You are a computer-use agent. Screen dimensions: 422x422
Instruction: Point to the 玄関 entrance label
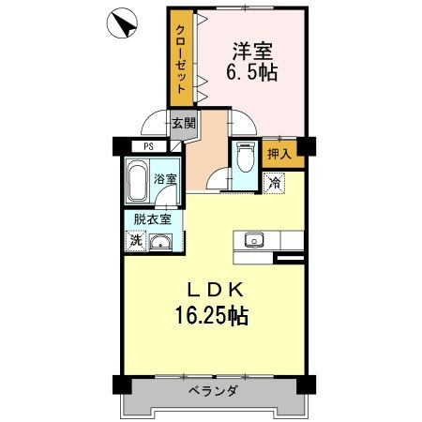[183, 122]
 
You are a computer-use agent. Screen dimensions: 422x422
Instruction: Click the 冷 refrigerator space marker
[274, 184]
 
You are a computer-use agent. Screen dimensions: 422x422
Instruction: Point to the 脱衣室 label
[152, 219]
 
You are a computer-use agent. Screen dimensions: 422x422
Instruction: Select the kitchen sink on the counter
[253, 241]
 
